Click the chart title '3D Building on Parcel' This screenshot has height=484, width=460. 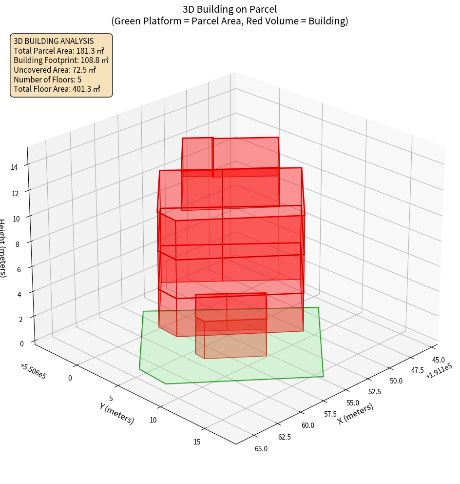click(x=230, y=9)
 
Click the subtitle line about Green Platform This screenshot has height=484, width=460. click(x=230, y=21)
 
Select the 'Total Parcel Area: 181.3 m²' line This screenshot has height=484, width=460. click(x=59, y=51)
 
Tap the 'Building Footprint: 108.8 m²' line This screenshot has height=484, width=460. click(x=61, y=60)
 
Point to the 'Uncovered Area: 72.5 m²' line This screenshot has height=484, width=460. click(x=55, y=70)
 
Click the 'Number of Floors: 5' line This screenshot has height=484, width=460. click(x=48, y=80)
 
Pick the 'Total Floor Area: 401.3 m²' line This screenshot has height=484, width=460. click(x=57, y=89)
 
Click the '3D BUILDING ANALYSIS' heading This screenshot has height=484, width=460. click(x=54, y=41)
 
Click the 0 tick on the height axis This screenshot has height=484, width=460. click(x=21, y=343)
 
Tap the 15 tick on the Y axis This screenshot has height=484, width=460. click(x=197, y=442)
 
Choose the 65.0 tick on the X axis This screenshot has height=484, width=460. click(x=261, y=448)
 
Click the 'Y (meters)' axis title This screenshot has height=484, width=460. click(x=116, y=413)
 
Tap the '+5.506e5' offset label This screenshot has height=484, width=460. click(x=33, y=371)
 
